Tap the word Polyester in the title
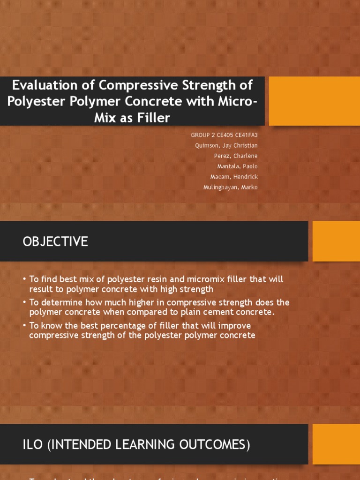[x=35, y=101]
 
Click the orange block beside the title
[x=315, y=101]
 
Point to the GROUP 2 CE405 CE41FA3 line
[x=224, y=135]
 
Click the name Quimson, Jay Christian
[x=226, y=145]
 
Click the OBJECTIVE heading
[x=55, y=241]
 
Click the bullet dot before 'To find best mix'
[x=24, y=279]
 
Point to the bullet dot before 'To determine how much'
[x=24, y=302]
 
